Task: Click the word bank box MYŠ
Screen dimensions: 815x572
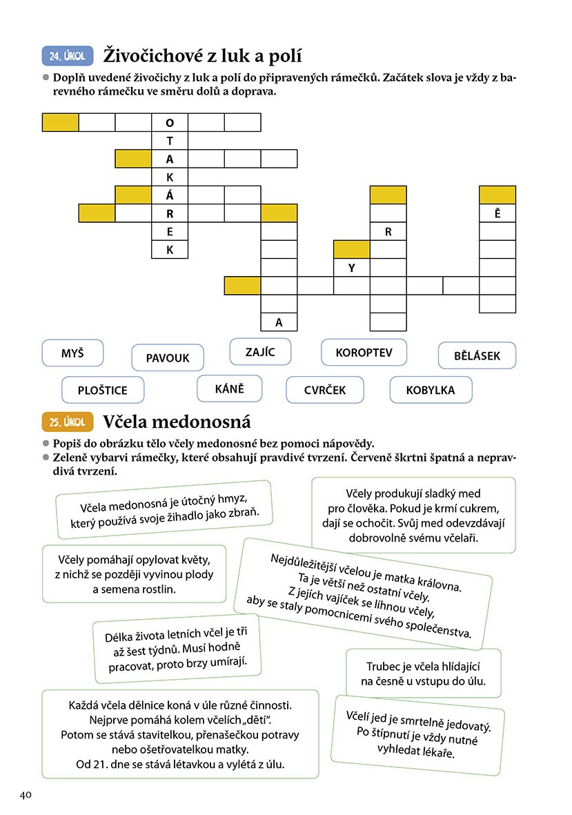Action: (x=72, y=353)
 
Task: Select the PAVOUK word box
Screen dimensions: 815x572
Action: (x=168, y=357)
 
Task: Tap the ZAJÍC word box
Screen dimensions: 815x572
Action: (x=260, y=351)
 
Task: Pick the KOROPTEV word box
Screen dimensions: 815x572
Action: (x=364, y=352)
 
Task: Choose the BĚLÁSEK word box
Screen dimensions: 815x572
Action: (x=477, y=356)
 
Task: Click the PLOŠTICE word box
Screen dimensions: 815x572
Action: (x=103, y=390)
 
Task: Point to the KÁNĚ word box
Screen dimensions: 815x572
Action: (x=230, y=388)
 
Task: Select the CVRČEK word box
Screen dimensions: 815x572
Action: (x=324, y=390)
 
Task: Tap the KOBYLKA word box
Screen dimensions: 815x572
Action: (x=431, y=390)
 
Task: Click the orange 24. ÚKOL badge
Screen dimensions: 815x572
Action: (x=68, y=55)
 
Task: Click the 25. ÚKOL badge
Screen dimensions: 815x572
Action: (x=68, y=422)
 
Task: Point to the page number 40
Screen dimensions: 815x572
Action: (x=26, y=794)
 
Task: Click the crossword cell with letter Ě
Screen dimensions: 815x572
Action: (x=497, y=213)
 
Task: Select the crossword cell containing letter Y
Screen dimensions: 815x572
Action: (x=351, y=267)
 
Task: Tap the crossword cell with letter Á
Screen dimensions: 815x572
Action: (x=170, y=195)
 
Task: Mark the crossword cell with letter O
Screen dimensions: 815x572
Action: (x=170, y=123)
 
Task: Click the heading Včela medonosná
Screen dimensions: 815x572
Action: (x=176, y=421)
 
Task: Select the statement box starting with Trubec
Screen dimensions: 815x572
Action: (x=423, y=673)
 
